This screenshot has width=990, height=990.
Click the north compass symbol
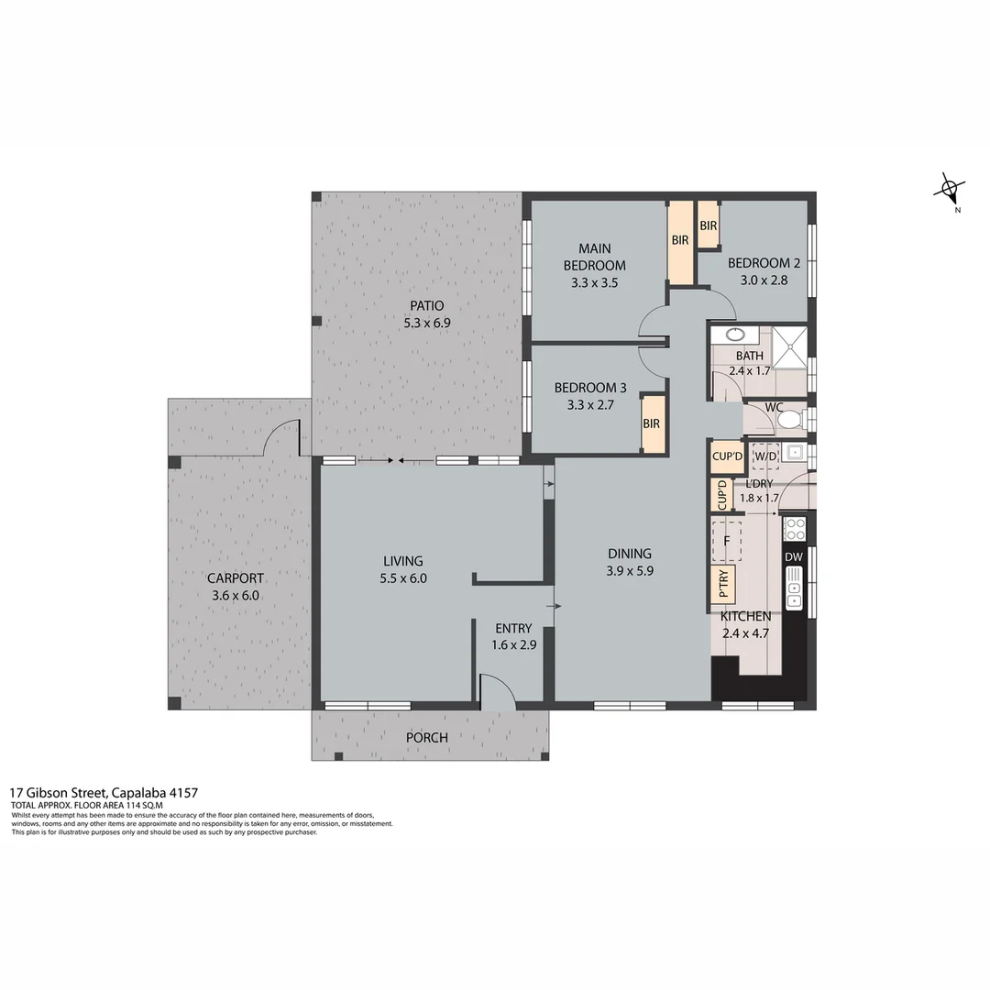point(950,191)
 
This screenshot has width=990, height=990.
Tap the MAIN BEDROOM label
point(594,257)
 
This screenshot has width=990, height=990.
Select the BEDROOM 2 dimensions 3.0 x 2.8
point(764,280)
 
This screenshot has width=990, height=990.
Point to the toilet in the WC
point(788,420)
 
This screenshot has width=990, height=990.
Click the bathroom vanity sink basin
point(737,335)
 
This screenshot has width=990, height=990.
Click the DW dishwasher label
point(793,556)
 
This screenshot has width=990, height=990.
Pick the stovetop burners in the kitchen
point(794,529)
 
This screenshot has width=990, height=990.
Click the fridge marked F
point(727,541)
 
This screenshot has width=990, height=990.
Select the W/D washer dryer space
point(764,456)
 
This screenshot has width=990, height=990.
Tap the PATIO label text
point(427,306)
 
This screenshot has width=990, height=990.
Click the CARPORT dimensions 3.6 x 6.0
point(235,595)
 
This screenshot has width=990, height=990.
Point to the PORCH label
point(427,737)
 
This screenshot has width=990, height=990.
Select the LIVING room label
point(403,561)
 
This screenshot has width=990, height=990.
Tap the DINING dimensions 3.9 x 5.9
point(629,570)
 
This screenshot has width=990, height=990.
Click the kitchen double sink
point(794,587)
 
